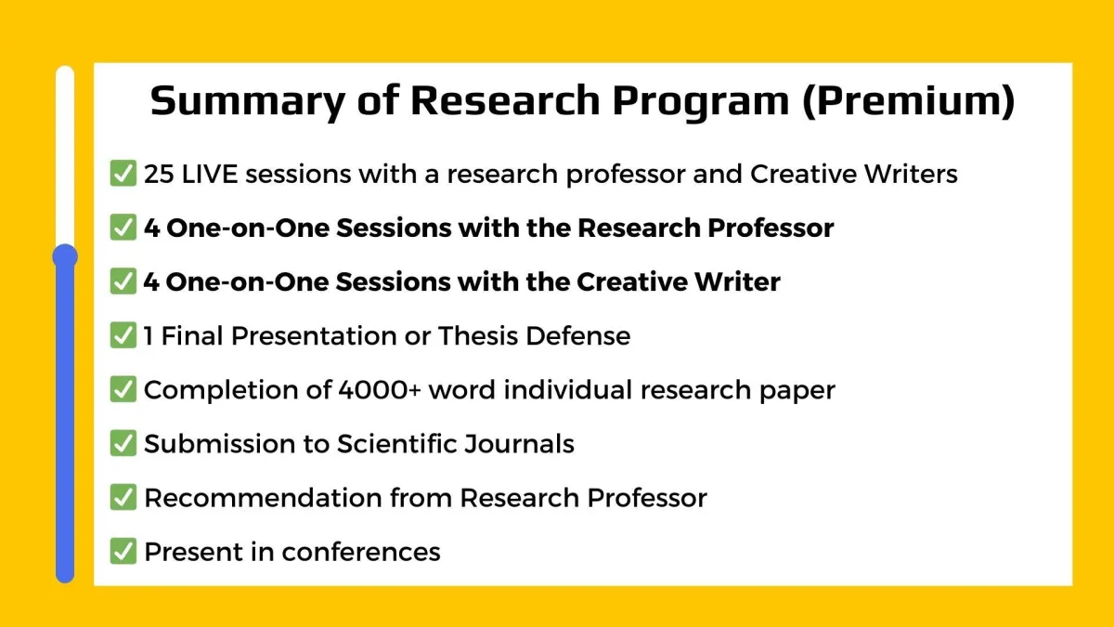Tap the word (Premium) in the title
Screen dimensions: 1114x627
coord(909,101)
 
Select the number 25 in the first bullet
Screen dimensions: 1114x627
coord(159,175)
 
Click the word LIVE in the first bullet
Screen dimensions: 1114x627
coord(210,175)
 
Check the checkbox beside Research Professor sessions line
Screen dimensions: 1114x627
coord(123,228)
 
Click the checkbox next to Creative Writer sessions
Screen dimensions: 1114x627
coord(123,281)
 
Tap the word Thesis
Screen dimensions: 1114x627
coord(477,335)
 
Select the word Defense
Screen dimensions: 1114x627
coord(577,335)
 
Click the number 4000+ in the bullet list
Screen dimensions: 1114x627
coord(380,389)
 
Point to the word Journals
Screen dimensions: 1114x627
coord(519,443)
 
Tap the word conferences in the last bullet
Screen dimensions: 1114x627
coord(361,552)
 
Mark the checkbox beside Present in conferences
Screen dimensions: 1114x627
coord(123,551)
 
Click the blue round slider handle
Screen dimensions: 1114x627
coord(65,256)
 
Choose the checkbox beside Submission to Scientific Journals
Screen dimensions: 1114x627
coord(123,443)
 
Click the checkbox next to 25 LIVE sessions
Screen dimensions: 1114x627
coord(123,173)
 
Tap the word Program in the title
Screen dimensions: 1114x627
coord(701,102)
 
